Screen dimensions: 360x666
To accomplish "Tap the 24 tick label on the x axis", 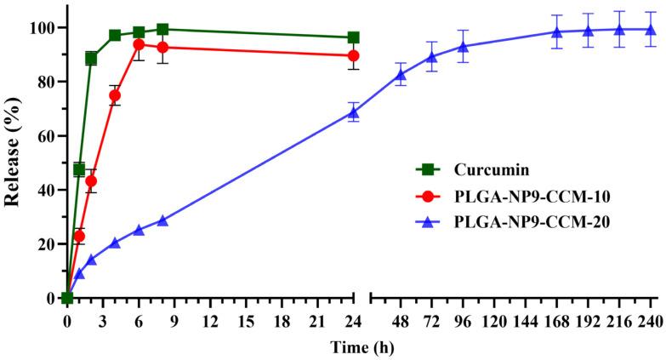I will pos(353,322).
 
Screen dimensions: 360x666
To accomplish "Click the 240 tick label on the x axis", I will pos(652,322).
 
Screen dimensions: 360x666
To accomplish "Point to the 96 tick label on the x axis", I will pos(463,322).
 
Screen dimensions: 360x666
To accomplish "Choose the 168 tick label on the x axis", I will pos(557,322).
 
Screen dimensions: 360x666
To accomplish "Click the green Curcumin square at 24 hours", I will pos(353,37).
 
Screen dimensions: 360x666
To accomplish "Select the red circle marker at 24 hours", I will pos(353,55).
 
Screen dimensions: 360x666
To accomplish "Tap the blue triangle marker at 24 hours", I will pos(353,112).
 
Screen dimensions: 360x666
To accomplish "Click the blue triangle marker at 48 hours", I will pos(401,75).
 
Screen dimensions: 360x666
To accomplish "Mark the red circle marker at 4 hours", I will pos(115,95).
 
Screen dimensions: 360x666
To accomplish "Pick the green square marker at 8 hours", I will pos(162,30).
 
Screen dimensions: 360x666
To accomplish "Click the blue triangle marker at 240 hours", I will pos(652,30).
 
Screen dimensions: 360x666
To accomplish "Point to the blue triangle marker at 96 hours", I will pos(463,46).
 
